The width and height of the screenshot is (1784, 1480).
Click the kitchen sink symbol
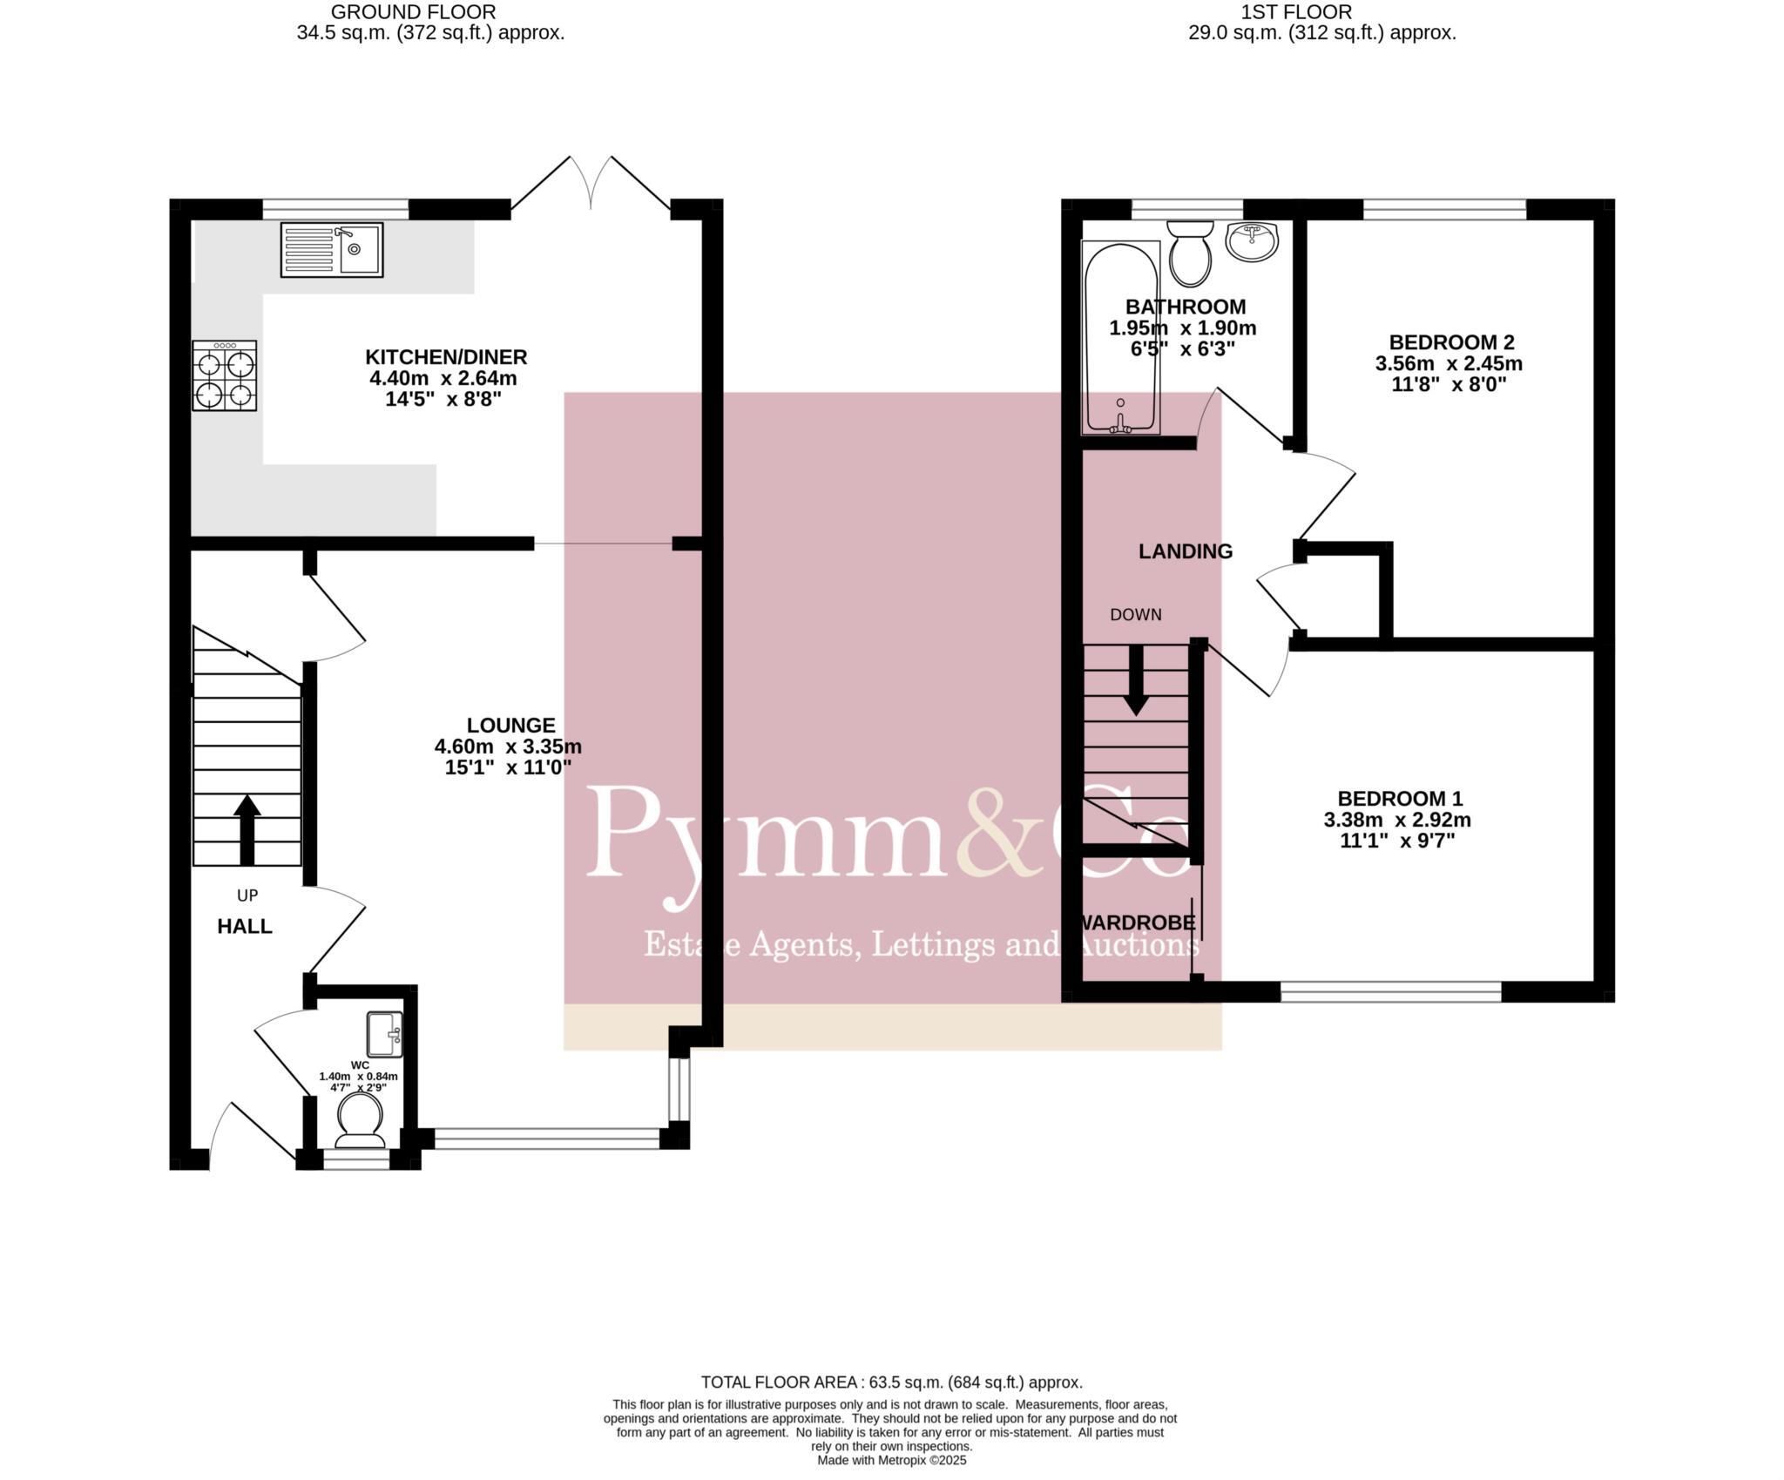[x=331, y=249]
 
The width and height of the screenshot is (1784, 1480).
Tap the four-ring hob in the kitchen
[x=225, y=375]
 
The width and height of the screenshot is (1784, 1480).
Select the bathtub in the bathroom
[x=1120, y=338]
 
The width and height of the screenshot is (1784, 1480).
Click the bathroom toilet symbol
[x=1190, y=253]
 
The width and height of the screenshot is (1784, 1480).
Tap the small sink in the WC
[x=384, y=1033]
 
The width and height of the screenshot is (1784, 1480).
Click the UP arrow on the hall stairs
[x=247, y=829]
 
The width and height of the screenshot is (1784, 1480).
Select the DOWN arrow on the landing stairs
[x=1135, y=679]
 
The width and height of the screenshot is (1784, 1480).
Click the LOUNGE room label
[x=510, y=725]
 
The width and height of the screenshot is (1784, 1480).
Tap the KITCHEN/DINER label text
[x=446, y=356]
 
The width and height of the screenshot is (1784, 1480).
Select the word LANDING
[x=1186, y=551]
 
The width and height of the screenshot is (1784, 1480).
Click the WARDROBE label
[x=1137, y=922]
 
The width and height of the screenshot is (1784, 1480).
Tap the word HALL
[x=245, y=926]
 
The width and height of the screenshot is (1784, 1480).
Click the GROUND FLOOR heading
[x=413, y=12]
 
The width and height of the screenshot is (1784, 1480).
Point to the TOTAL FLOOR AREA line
[x=891, y=1357]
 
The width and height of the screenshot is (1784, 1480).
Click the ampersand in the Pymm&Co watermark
[x=1002, y=832]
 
